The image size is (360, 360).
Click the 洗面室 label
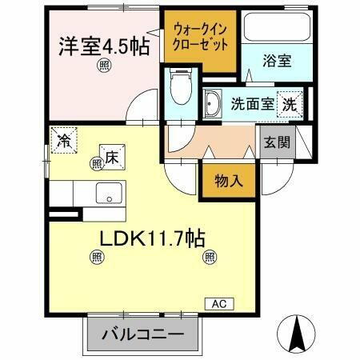[x=250, y=103]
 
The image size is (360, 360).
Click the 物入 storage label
[x=228, y=182]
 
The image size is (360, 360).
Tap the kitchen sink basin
[x=108, y=193]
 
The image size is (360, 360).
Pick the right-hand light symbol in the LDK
[x=209, y=257]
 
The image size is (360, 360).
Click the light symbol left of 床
[x=97, y=163]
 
